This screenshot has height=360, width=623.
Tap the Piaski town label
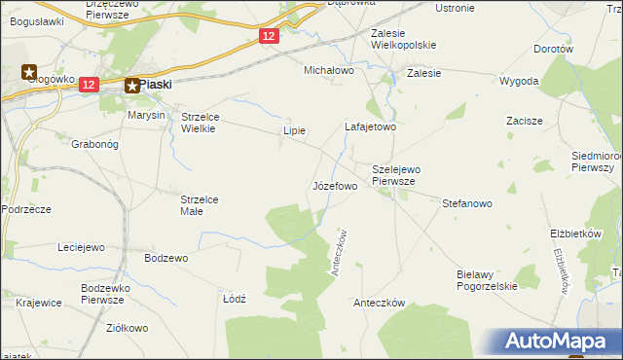(156, 85)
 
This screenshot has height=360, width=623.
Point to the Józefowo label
(335, 185)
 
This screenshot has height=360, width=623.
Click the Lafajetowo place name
(371, 126)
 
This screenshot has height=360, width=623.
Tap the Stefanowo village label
(468, 204)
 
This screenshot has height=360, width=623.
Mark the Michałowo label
(329, 71)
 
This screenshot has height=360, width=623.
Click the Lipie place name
(294, 130)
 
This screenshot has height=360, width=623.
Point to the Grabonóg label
(94, 144)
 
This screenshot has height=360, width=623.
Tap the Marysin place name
(148, 115)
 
